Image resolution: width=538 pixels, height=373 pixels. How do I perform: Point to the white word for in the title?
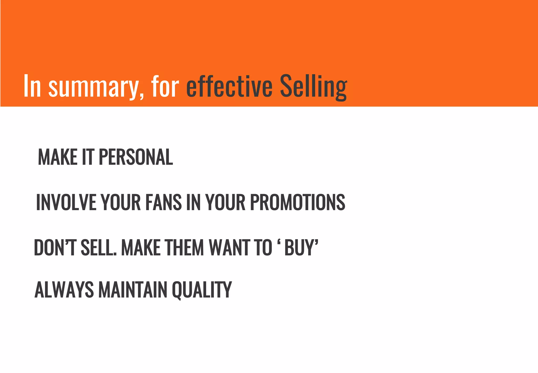(165, 86)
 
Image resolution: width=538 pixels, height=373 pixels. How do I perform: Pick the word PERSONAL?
(136, 157)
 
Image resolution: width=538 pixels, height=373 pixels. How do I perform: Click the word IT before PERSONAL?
(88, 157)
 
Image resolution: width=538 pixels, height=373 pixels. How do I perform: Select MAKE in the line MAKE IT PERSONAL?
(58, 157)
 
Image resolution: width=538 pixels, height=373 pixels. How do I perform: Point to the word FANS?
(163, 202)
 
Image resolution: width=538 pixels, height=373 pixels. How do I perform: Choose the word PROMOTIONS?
(297, 202)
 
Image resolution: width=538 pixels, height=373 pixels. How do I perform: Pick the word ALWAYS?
(64, 290)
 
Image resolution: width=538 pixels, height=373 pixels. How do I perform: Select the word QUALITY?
(202, 290)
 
